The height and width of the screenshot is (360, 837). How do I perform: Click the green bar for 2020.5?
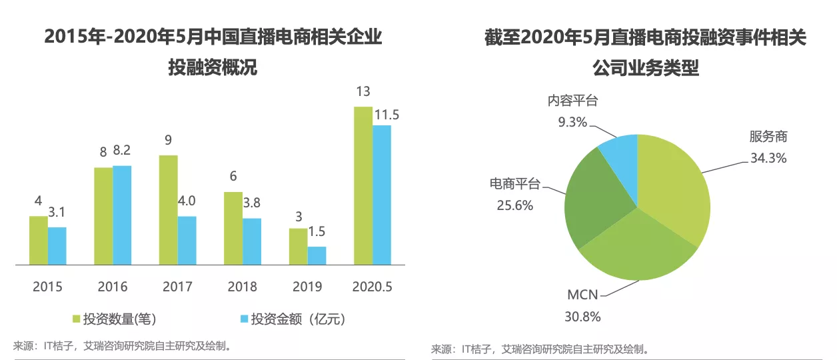pos(363,185)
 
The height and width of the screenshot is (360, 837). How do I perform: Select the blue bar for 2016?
pos(122,215)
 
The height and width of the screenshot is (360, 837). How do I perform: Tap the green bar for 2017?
pos(168,210)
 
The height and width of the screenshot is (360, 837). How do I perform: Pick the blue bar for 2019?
pos(317,256)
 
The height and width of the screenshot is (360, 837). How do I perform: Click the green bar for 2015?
pos(39,240)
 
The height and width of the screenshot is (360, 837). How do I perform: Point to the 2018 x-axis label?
pos(242,287)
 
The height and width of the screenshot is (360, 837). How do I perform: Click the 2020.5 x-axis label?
pos(371,287)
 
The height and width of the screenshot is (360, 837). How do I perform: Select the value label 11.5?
pos(387,115)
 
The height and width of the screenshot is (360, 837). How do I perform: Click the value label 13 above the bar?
pos(363,91)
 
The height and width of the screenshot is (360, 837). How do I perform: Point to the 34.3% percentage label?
pos(768,158)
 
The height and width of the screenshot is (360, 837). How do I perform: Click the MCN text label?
pos(582,295)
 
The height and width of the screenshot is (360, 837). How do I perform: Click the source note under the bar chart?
pos(123,345)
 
